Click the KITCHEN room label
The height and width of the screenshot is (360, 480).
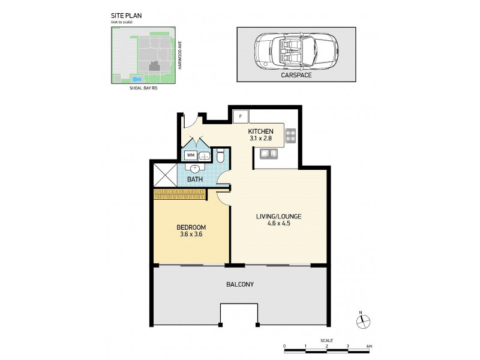[x=260, y=131]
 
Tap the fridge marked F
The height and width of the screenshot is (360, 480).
[x=241, y=116]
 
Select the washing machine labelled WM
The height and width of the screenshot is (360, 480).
[x=191, y=155]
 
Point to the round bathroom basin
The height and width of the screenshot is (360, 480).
[x=195, y=169]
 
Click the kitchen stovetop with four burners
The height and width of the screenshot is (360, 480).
[x=290, y=136]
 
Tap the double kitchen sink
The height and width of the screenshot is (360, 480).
[x=268, y=154]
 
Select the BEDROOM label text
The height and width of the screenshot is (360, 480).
[x=191, y=227]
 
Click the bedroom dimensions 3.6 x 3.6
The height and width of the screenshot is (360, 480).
[x=191, y=235]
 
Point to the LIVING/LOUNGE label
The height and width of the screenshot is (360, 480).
[x=278, y=217]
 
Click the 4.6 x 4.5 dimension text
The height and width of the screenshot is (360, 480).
[x=278, y=223]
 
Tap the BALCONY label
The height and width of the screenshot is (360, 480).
[x=240, y=284]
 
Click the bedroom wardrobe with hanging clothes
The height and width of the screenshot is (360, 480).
[x=179, y=194]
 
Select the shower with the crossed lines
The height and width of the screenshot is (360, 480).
[x=166, y=175]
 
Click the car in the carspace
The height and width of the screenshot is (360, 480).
[x=296, y=50]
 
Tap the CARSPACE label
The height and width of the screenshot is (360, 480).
[x=296, y=75]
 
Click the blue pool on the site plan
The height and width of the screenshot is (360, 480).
[x=136, y=79]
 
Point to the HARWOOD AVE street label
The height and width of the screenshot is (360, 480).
[x=180, y=55]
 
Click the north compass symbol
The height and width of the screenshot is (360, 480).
[x=363, y=320]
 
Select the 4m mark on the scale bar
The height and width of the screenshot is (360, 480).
[x=369, y=346]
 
